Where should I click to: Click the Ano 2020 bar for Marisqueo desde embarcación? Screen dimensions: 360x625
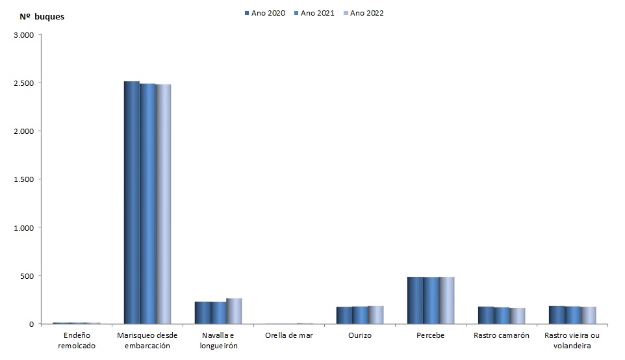[x=132, y=202]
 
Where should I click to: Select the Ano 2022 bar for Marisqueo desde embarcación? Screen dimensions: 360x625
[x=163, y=203]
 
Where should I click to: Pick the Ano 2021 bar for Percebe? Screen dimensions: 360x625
[x=431, y=300]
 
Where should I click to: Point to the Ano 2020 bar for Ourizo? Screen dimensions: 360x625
[x=344, y=315]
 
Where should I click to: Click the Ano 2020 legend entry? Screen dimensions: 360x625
[x=265, y=13]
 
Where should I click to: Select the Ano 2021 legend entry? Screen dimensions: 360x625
[x=314, y=13]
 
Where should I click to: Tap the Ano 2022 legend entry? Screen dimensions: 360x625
[x=364, y=13]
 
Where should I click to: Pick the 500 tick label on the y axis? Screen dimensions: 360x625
[x=26, y=276]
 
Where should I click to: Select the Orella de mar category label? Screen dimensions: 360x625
[x=289, y=335]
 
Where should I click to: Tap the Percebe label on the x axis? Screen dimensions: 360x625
[x=431, y=335]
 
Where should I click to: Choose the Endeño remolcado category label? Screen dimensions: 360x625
[x=77, y=341]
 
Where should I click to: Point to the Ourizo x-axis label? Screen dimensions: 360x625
[x=360, y=335]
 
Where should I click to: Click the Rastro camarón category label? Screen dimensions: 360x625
[x=502, y=335]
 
